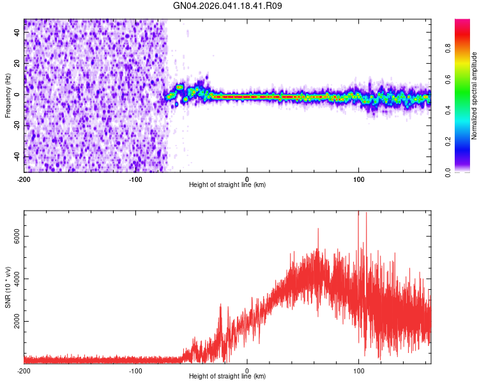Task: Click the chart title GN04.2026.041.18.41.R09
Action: (228, 6)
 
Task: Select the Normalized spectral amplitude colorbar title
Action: (475, 96)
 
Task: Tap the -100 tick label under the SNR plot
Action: (135, 371)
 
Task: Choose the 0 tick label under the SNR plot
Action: (247, 371)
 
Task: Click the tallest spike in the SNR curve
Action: (358, 213)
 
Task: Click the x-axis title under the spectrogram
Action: (227, 185)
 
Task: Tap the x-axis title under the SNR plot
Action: (227, 377)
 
